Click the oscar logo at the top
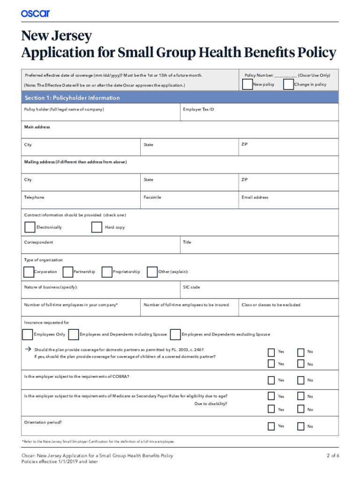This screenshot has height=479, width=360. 35,13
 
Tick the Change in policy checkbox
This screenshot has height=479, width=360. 288,84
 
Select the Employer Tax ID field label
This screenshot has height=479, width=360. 199,109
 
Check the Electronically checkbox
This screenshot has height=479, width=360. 29,227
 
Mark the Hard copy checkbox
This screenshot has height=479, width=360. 97,227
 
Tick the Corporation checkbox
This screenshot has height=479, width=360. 28,272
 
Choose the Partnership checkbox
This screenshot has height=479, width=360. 68,272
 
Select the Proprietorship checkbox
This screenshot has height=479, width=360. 107,272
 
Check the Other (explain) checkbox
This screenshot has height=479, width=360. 152,272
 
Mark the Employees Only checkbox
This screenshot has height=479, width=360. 28,334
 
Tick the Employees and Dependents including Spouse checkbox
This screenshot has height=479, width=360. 73,334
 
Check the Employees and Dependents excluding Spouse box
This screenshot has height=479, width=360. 175,334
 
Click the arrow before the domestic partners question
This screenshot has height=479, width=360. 28,349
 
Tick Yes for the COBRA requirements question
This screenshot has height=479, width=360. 271,380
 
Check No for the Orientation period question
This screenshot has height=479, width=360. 301,426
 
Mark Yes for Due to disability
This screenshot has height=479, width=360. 271,409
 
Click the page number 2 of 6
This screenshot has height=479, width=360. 332,456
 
